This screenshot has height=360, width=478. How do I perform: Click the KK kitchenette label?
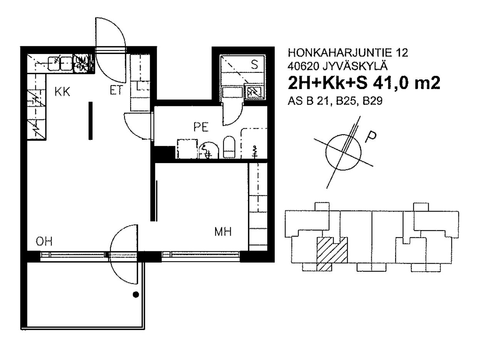62,91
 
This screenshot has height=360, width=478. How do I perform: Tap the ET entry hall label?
117,90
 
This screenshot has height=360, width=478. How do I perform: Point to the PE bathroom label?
201,127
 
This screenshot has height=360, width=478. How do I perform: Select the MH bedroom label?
223,232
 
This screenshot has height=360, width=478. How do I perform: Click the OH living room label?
44,241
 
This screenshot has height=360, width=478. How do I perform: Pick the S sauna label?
254,64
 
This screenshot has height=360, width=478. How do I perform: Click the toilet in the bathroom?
229,147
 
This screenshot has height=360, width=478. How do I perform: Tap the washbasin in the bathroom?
208,150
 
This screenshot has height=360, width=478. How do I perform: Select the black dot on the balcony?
136,295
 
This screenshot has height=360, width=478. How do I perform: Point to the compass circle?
326,152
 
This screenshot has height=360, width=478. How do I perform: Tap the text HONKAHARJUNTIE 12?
348,53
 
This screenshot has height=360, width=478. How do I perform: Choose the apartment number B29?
372,101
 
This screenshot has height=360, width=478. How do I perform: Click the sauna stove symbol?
254,92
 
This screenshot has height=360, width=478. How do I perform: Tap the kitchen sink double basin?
60,64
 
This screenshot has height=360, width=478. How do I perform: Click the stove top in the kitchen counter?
81,63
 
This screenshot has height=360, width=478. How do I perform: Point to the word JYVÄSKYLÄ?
355,66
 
